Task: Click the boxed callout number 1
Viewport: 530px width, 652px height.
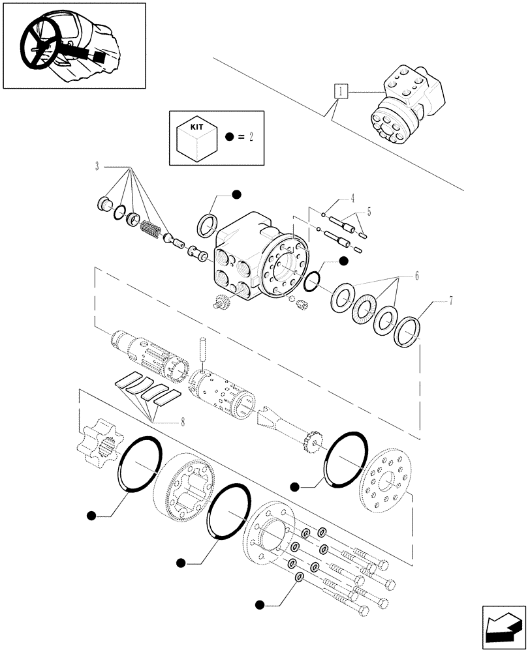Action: pos(340,91)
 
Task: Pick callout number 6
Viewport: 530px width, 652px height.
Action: pos(416,276)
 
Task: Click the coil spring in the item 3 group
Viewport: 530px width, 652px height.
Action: pos(151,229)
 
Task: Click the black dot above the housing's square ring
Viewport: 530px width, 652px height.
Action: pos(236,194)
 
